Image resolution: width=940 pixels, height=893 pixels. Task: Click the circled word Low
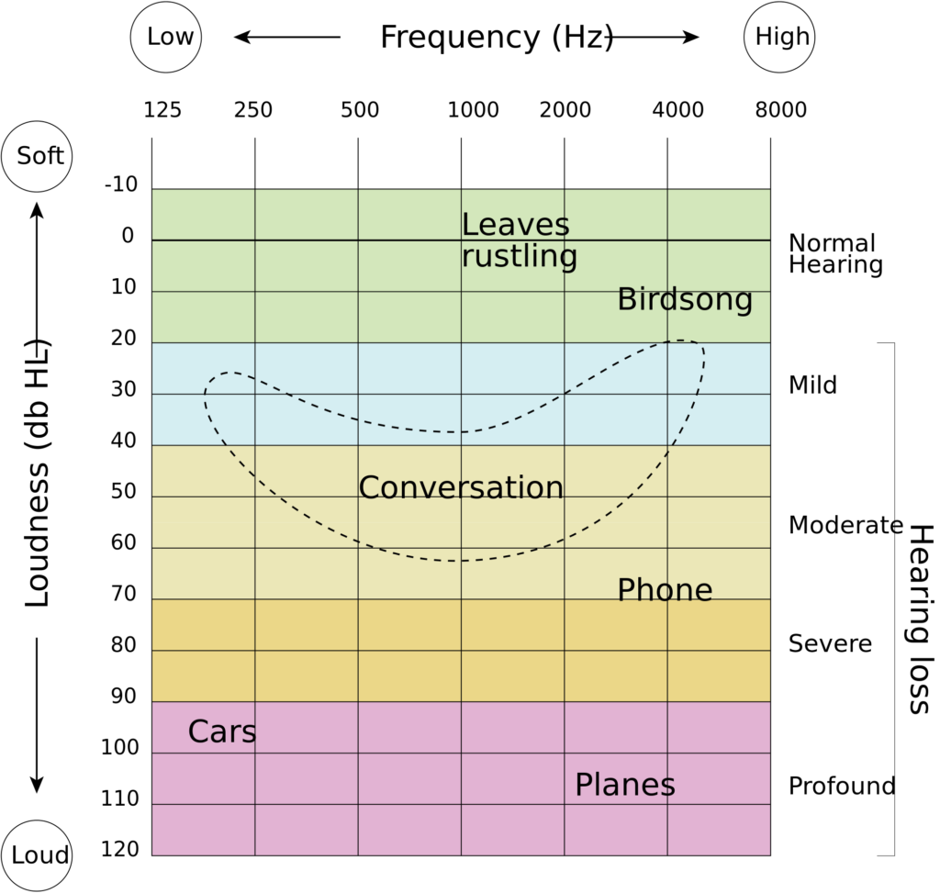(170, 37)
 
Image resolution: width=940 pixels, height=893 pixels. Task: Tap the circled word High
(782, 37)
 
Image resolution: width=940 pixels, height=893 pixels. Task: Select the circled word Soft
(40, 156)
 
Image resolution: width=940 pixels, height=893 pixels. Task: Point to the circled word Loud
(40, 855)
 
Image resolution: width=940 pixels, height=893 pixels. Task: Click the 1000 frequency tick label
(474, 110)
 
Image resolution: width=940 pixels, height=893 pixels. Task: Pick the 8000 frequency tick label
(780, 110)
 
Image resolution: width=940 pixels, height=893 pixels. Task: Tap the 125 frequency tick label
(162, 110)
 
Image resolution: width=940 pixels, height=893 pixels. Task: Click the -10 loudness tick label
(121, 184)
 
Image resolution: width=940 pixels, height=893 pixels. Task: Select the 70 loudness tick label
(124, 593)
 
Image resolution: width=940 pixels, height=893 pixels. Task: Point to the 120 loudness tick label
(120, 849)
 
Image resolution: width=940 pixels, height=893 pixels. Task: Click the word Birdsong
(685, 300)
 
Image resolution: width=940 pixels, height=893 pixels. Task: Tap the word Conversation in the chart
(461, 487)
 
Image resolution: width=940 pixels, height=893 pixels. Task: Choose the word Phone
(665, 590)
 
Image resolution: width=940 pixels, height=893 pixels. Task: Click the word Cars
(222, 731)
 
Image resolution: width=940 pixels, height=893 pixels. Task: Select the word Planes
(624, 785)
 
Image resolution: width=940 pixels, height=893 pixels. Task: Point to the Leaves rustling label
(520, 241)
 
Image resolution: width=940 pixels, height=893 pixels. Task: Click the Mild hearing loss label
(812, 385)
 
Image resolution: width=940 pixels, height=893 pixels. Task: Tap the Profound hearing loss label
(842, 786)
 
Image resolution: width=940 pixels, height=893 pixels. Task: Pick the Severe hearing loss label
(830, 643)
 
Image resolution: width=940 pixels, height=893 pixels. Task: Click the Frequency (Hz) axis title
(497, 37)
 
